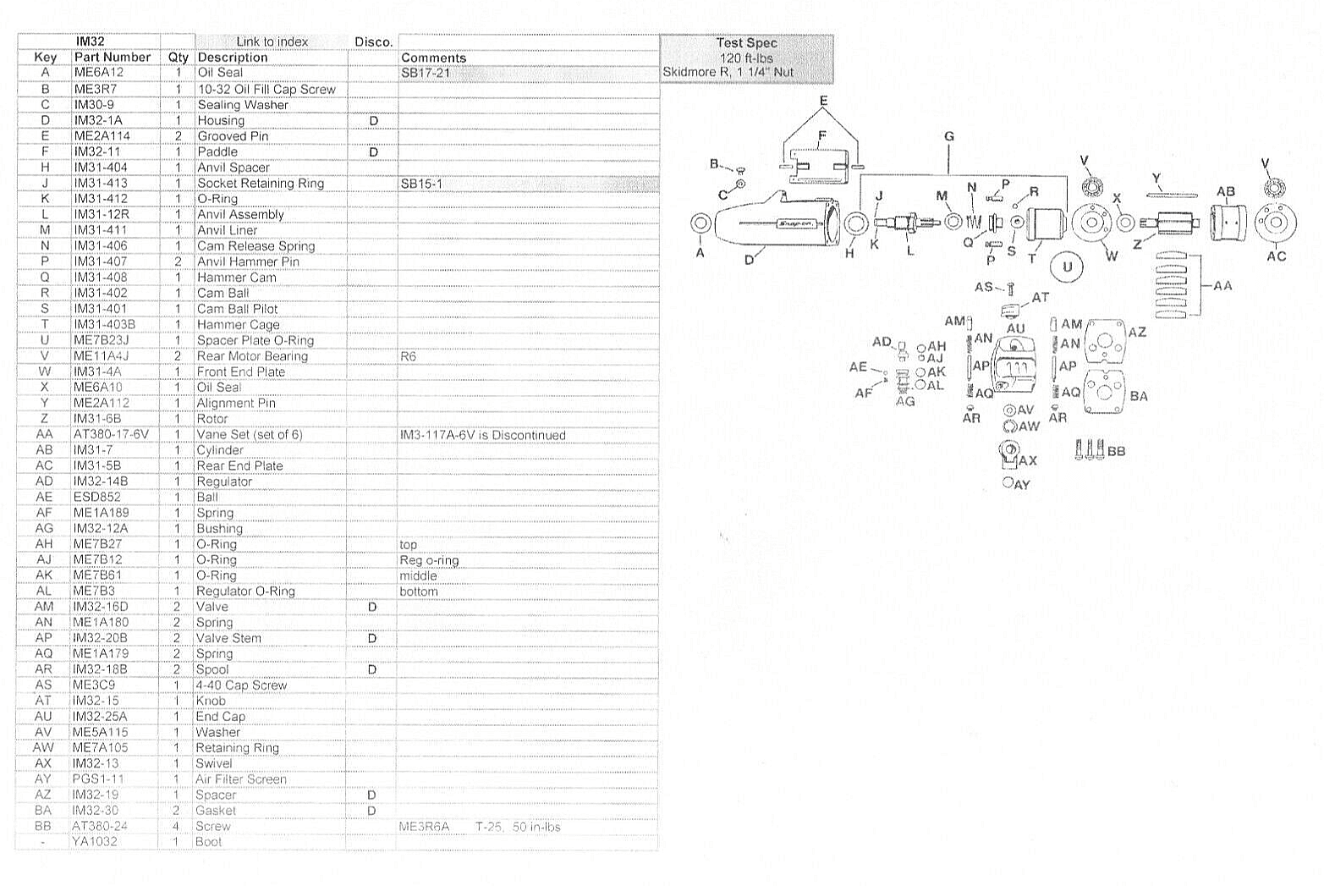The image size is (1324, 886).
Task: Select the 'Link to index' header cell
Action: coord(272,41)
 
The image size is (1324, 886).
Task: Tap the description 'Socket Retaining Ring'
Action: coord(261,184)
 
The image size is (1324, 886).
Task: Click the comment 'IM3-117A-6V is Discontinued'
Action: coord(483,435)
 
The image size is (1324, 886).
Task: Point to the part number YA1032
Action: coord(95,842)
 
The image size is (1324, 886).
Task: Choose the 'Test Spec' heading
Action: coord(746,42)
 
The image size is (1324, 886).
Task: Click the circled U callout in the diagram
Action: coord(1067,267)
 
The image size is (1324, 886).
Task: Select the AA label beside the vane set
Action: coord(1222,286)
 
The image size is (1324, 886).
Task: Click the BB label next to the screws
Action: coord(1117,451)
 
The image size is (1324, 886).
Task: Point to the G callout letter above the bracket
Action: coord(949,136)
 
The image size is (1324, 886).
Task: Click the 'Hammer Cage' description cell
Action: coord(239,324)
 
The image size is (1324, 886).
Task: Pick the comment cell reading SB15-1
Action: coord(421,184)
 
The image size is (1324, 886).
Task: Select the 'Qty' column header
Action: coord(178,58)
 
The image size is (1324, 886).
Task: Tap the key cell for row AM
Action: coord(44,607)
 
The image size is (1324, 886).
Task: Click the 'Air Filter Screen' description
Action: coord(241,779)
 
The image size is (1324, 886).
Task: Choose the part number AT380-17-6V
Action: coord(111,434)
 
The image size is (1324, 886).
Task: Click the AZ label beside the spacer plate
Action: coord(1137,333)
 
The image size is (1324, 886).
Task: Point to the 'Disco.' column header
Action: coord(374,42)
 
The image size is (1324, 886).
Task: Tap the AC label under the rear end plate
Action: coord(1277,256)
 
